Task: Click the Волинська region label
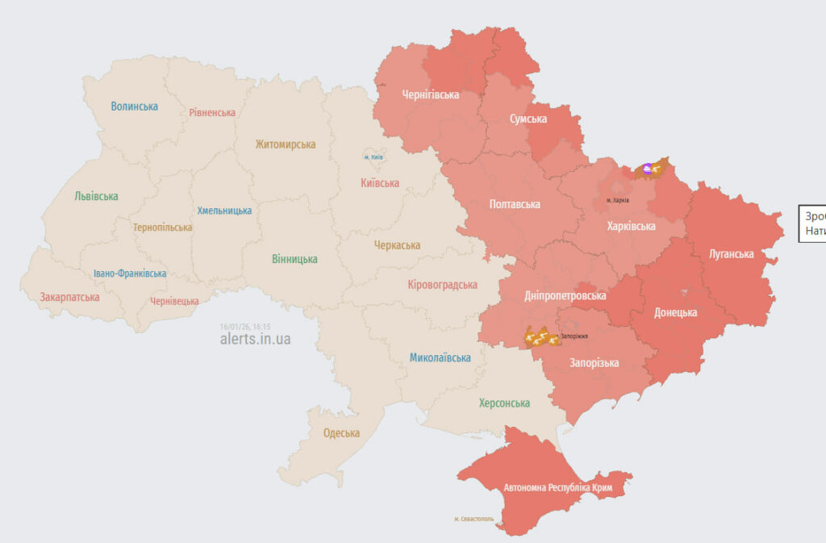click(135, 107)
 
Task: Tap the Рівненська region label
click(212, 113)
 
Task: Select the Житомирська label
click(285, 144)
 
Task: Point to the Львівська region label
click(96, 196)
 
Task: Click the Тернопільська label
click(163, 228)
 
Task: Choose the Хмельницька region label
click(224, 211)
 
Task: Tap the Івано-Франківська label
click(129, 274)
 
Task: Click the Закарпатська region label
click(69, 297)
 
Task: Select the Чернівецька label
click(174, 301)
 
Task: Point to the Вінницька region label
click(294, 259)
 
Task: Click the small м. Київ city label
click(373, 157)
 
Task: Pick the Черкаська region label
click(397, 245)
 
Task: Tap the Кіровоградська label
click(442, 285)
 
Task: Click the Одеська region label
click(341, 433)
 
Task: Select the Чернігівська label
click(431, 94)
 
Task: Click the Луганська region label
click(731, 254)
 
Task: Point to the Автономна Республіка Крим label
click(557, 489)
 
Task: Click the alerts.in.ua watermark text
click(255, 340)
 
